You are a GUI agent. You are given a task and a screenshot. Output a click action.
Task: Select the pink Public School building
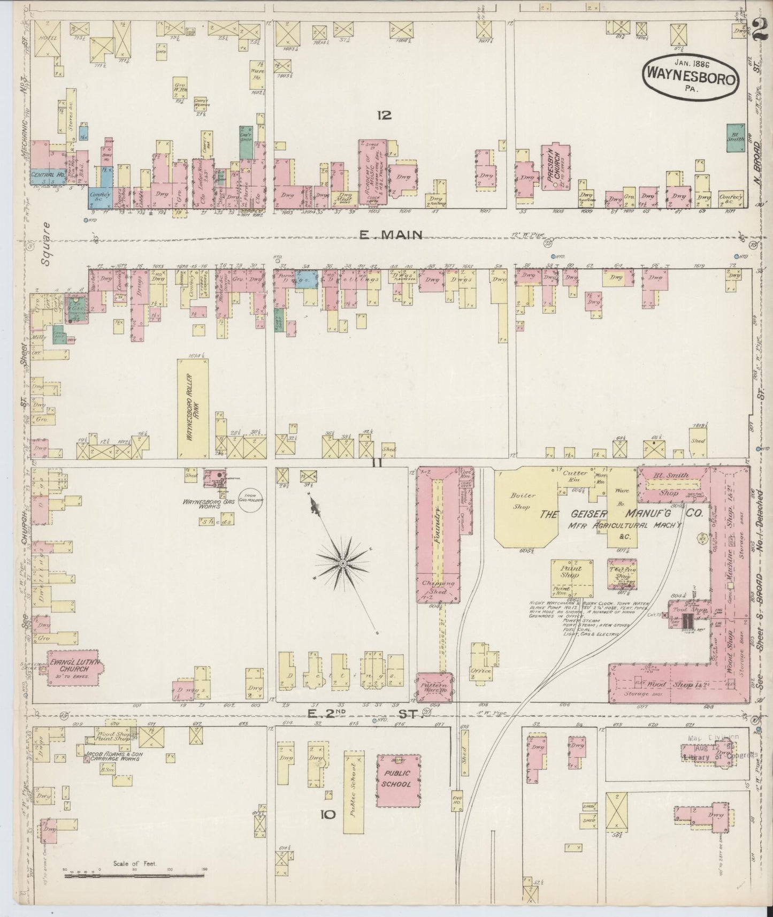tap(398, 780)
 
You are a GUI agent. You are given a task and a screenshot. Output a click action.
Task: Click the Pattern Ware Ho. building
tap(434, 688)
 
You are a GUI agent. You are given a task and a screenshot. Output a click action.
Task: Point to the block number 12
tap(384, 114)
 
